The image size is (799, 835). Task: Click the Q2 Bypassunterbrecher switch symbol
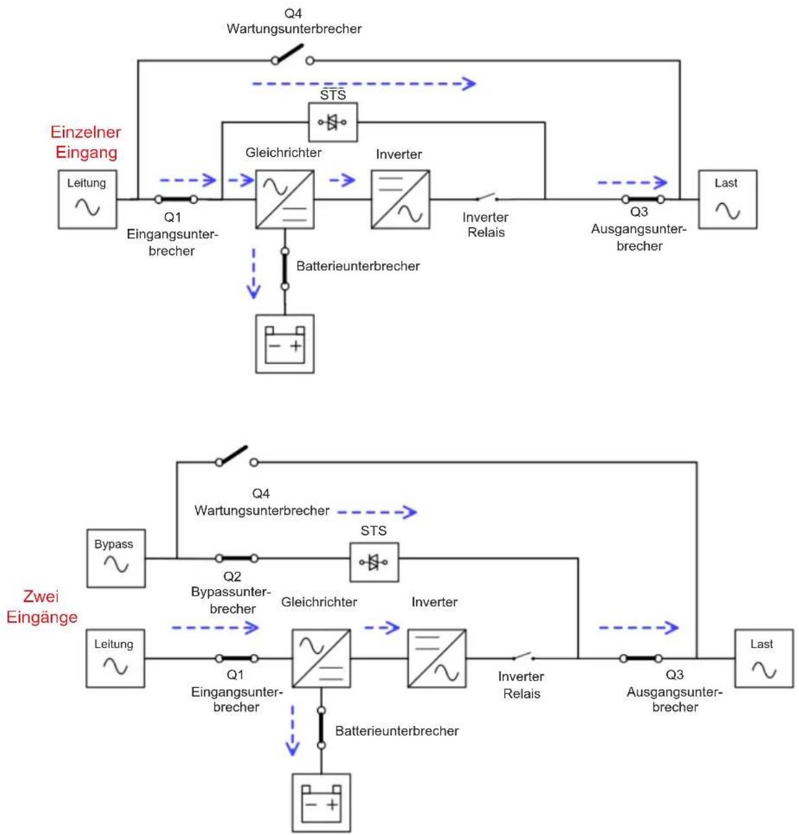click(x=236, y=558)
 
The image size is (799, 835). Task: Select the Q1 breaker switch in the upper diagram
click(x=176, y=199)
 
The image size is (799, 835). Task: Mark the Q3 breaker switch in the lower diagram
click(x=641, y=659)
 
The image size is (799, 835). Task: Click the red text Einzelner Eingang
click(x=86, y=142)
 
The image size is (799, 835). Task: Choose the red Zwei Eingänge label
click(x=42, y=606)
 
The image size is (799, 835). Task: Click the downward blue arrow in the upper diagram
click(x=253, y=273)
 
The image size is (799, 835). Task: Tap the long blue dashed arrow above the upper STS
click(x=364, y=84)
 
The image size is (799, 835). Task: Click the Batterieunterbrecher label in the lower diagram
click(x=397, y=731)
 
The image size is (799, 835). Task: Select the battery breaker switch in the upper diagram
click(x=285, y=269)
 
